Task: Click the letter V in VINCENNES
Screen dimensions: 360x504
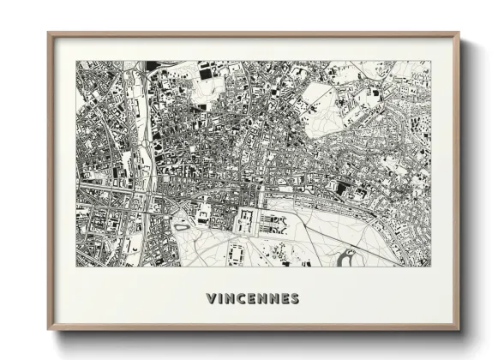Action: [x=212, y=299]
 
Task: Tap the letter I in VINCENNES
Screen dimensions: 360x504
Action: [x=222, y=299]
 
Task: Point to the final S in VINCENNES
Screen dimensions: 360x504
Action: [x=294, y=299]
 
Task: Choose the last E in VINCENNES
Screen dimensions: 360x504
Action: [x=284, y=299]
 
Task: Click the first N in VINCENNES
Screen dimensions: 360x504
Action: [x=232, y=299]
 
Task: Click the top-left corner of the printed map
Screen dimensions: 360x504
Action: [x=76, y=61]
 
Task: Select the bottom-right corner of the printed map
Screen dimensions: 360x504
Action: [x=431, y=266]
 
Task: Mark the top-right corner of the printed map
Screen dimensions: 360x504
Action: [x=431, y=61]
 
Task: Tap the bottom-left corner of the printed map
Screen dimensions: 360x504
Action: [x=76, y=266]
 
